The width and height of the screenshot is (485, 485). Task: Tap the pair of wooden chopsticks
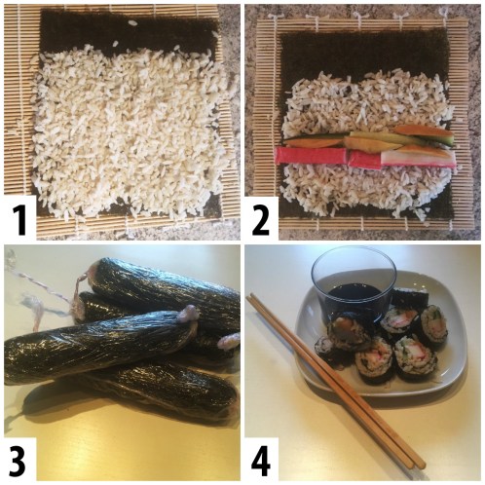(x=331, y=380)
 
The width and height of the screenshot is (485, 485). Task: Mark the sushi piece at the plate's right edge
(x=432, y=325)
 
